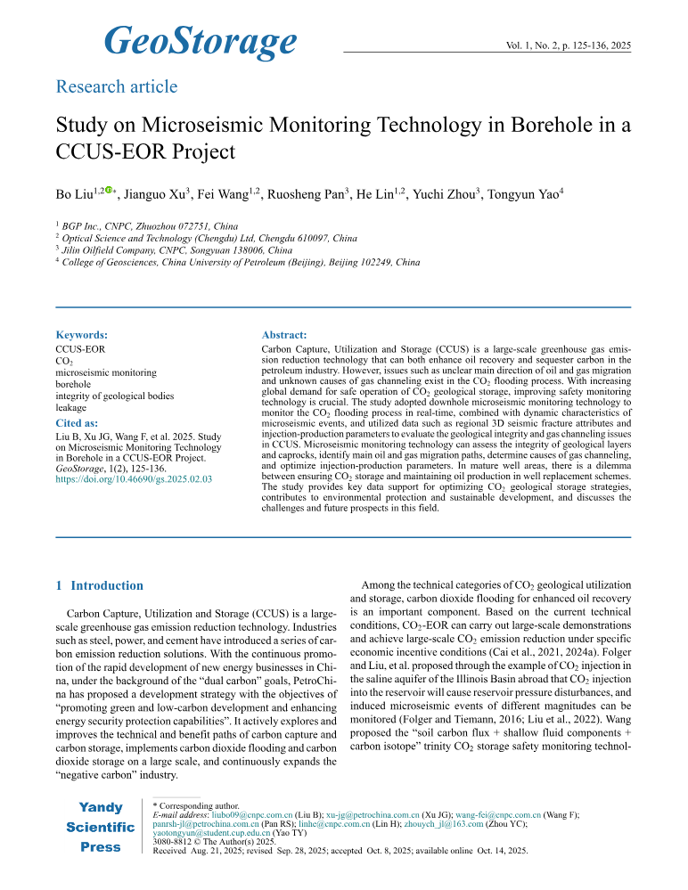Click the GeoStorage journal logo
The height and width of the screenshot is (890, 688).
[x=200, y=40]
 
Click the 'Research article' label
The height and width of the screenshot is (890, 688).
[x=116, y=86]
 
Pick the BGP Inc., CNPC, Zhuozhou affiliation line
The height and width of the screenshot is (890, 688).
[x=143, y=226]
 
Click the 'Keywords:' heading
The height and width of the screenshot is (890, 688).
[x=82, y=335]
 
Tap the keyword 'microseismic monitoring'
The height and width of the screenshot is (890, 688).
[x=106, y=373]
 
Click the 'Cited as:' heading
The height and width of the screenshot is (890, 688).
[x=77, y=421]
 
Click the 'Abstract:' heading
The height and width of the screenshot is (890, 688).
[x=284, y=335]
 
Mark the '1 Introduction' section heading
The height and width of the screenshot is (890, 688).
[x=99, y=585]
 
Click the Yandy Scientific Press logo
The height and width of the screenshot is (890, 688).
[x=100, y=827]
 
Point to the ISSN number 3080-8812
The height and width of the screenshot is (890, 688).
[x=176, y=842]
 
